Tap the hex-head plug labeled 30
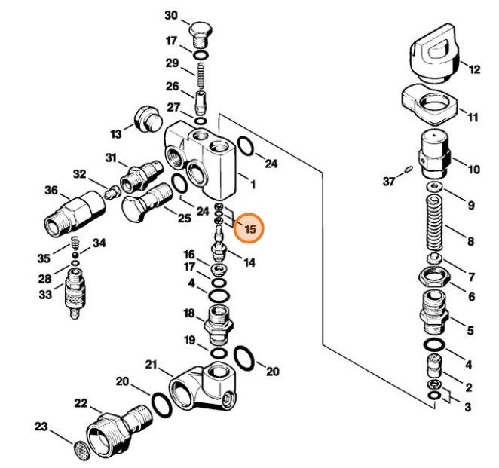(200, 32)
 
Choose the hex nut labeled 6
(435, 276)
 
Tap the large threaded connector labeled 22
(113, 430)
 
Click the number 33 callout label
(45, 294)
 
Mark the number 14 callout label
(248, 262)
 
